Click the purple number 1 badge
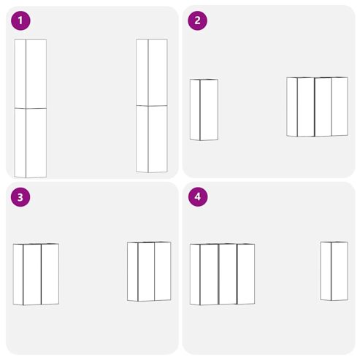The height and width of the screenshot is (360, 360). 20,20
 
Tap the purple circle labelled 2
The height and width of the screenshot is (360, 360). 197,20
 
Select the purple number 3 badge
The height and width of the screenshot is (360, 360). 20,197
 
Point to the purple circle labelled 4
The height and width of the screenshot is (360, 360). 198,197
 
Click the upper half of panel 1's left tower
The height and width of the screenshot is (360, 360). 31,74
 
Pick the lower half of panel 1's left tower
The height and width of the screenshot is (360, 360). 31,143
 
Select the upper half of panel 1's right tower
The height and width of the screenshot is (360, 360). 152,72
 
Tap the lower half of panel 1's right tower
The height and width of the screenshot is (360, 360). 152,139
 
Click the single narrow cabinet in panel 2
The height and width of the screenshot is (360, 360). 204,110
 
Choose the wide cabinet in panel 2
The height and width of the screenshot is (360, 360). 317,107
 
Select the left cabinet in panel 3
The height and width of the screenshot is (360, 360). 36,275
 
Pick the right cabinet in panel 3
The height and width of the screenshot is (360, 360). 149,272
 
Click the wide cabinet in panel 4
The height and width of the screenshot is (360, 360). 222,275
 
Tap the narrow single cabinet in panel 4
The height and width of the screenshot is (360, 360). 334,271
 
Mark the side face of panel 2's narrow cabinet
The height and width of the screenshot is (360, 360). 195,110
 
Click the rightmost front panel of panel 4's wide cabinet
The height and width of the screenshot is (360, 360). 246,274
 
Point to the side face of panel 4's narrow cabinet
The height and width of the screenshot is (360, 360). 326,271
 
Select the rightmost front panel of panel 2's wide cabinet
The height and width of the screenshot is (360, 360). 340,107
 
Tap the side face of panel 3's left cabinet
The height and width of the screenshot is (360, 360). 18,275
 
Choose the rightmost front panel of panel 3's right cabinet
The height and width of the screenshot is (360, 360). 163,271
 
